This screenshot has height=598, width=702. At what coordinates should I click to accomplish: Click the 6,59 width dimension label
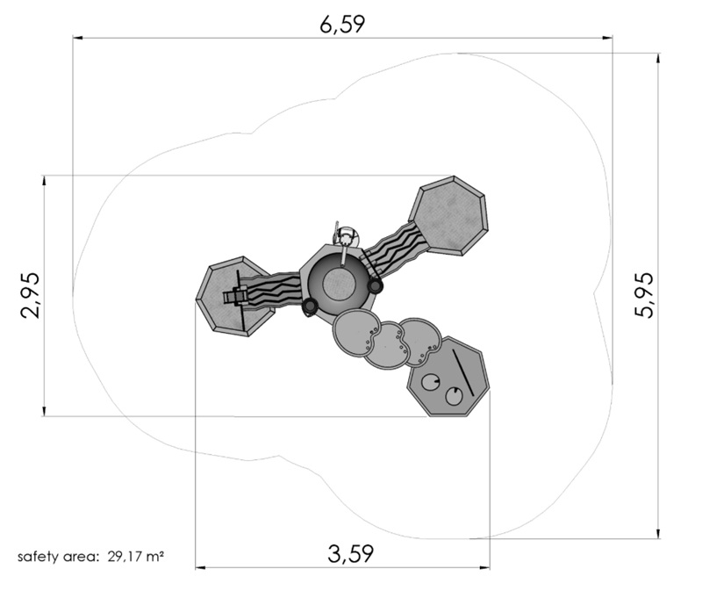click(342, 24)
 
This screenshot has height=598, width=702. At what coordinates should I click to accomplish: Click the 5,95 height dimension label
click(644, 295)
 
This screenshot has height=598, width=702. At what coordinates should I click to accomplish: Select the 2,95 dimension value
click(30, 295)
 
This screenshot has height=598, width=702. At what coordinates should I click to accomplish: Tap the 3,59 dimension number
click(350, 553)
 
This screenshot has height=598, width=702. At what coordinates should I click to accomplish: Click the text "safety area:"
click(57, 557)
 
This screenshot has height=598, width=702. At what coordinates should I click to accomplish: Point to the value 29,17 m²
click(135, 557)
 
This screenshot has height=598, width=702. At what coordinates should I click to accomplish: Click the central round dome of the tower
click(340, 285)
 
